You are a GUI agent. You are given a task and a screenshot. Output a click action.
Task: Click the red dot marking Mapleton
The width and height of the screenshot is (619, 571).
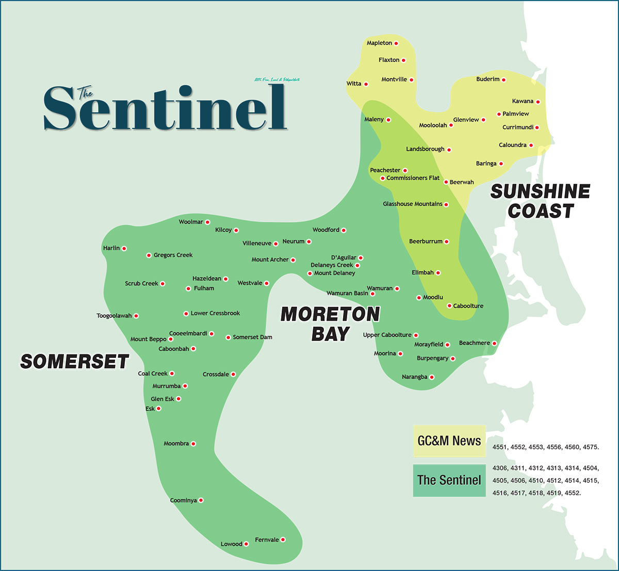click(x=396, y=43)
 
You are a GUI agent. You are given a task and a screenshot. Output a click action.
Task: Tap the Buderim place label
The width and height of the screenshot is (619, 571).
click(x=487, y=79)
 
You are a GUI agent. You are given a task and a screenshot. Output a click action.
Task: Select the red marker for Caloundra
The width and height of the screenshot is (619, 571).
click(x=531, y=145)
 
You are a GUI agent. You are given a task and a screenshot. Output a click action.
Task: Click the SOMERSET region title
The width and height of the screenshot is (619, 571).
click(x=74, y=362)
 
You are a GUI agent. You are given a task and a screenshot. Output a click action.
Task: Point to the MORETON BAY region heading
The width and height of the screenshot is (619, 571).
click(x=330, y=324)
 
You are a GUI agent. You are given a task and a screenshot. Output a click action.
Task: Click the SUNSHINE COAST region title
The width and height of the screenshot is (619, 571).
click(x=540, y=201)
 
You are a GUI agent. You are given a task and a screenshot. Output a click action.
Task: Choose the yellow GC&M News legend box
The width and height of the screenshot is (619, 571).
click(x=449, y=441)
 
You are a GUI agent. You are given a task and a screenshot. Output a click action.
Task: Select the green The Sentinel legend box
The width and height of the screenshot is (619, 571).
click(x=449, y=480)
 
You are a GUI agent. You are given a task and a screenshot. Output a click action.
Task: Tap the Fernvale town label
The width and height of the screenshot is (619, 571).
click(x=267, y=540)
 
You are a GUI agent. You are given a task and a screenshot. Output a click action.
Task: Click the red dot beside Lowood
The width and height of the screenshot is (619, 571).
click(x=246, y=544)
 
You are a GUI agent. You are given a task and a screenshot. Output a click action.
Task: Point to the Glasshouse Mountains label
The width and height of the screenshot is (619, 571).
click(x=412, y=204)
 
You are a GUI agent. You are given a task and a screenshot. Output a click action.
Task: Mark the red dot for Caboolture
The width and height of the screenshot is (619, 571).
click(x=449, y=306)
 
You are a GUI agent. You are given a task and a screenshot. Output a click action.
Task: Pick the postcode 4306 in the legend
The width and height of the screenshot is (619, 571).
click(x=500, y=468)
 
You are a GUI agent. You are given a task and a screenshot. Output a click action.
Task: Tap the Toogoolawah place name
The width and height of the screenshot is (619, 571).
click(x=114, y=316)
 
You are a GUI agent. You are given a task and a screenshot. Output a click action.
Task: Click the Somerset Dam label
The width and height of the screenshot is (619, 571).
click(x=252, y=337)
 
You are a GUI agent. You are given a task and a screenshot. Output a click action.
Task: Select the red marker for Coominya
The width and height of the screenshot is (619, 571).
click(x=201, y=500)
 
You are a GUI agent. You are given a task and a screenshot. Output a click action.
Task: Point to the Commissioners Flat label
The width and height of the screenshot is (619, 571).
click(x=413, y=178)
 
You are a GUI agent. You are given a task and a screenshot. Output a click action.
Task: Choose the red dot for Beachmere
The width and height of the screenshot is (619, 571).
click(x=494, y=344)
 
